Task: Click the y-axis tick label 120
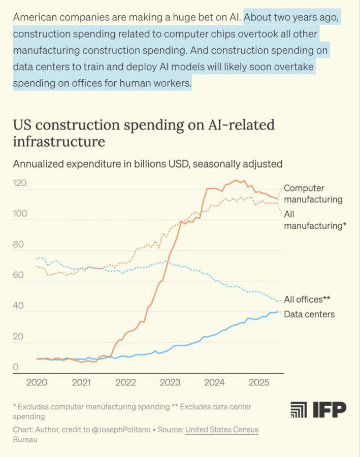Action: point(19,183)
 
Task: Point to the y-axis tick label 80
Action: point(18,244)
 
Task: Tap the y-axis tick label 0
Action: point(15,367)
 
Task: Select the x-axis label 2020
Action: point(37,382)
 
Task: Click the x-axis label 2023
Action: point(170,382)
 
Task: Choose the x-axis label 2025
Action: point(259,382)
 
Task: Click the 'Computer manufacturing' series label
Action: point(313,194)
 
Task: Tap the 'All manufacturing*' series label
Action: point(315,220)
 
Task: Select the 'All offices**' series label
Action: point(307,299)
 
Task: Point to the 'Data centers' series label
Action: point(309,314)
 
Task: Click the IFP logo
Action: point(318,409)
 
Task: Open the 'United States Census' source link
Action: point(222,430)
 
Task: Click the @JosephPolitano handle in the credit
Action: point(121,430)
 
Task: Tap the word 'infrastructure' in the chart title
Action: point(59,142)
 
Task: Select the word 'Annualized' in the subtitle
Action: point(38,164)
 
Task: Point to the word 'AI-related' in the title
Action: point(241,125)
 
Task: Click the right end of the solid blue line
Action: point(278,312)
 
